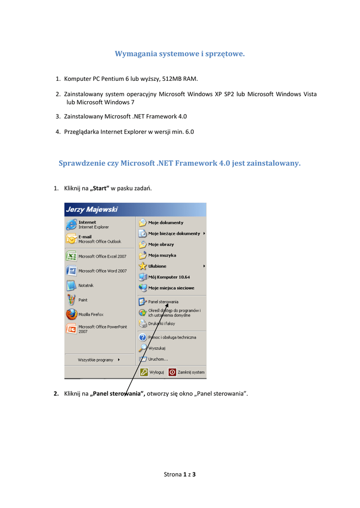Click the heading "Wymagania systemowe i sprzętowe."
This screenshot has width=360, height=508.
tap(180, 54)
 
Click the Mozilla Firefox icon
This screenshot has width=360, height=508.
tap(72, 315)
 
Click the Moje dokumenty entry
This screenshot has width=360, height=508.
tap(165, 223)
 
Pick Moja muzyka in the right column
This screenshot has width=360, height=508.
tap(162, 255)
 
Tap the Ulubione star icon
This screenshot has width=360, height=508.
tap(143, 266)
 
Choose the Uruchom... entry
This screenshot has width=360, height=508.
tap(158, 359)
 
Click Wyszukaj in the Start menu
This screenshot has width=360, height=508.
tap(157, 348)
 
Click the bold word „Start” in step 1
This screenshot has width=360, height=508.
tap(99, 189)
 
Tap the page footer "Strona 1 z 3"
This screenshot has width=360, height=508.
tap(180, 475)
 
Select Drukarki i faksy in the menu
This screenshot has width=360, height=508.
tap(161, 323)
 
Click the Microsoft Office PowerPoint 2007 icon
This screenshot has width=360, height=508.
tap(72, 329)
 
